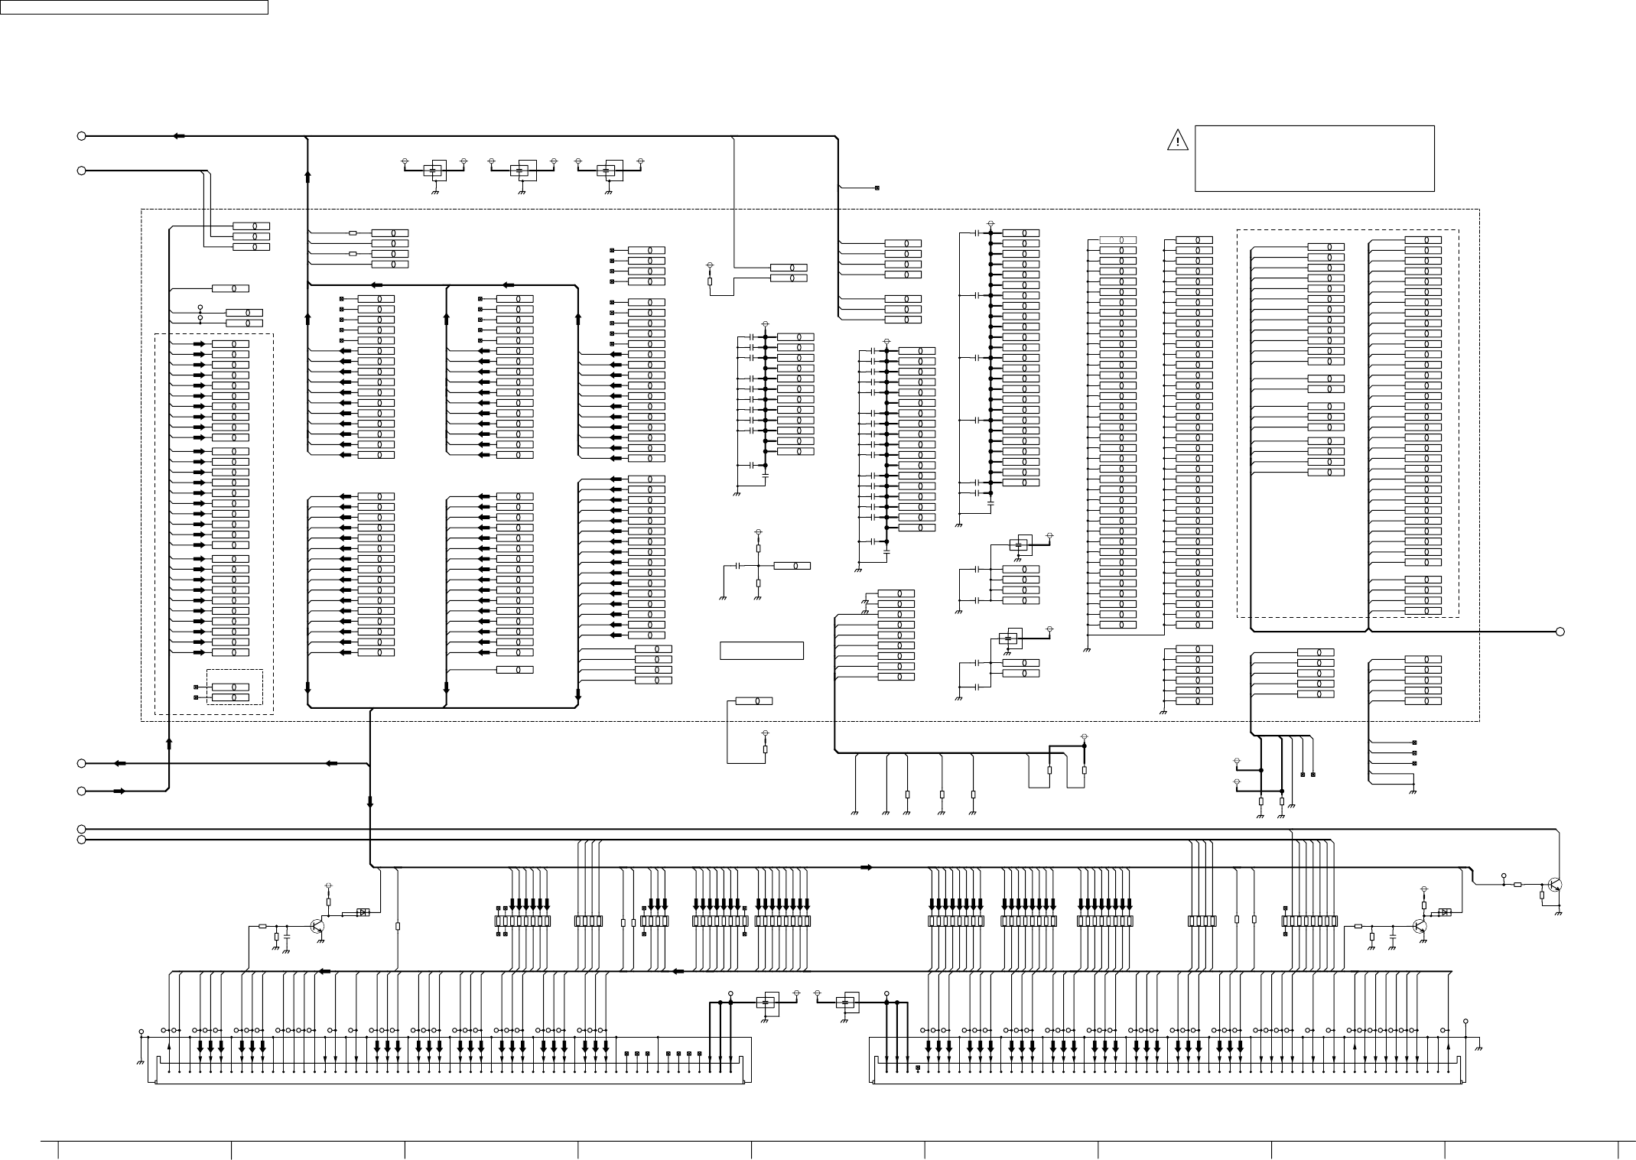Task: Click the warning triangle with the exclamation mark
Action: tap(1177, 141)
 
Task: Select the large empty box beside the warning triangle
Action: tap(1313, 158)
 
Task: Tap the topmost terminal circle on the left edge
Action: tap(81, 136)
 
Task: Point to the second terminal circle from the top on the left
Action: tap(81, 171)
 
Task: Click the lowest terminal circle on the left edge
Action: tap(81, 840)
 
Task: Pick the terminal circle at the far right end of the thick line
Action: tap(1560, 632)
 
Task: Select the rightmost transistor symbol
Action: tap(1553, 885)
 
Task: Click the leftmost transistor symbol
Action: tap(317, 926)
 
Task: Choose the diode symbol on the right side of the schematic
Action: tap(1445, 912)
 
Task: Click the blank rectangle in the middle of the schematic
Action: tap(761, 651)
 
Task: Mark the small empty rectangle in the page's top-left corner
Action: tap(134, 7)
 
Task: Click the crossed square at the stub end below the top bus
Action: tap(877, 188)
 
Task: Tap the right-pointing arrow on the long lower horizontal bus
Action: tap(866, 867)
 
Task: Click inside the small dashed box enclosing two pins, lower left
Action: tap(235, 687)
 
